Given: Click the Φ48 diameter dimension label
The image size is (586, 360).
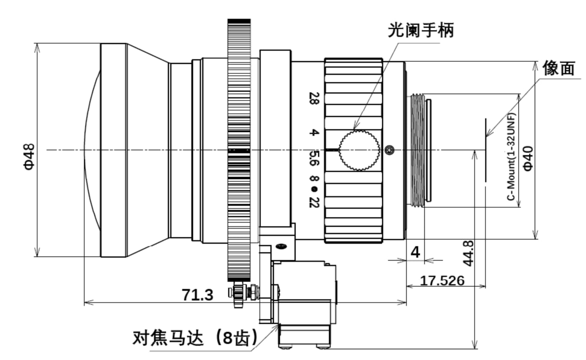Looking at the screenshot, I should [28, 156].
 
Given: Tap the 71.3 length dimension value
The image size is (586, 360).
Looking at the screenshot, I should [198, 295].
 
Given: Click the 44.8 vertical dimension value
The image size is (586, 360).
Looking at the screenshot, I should [468, 252].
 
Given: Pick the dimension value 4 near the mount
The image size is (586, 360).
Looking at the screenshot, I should [415, 252].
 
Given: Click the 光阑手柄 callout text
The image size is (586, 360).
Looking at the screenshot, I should [421, 31].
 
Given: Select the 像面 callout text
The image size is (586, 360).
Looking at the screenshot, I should [559, 68].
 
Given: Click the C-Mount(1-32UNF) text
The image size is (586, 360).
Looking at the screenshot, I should [511, 156].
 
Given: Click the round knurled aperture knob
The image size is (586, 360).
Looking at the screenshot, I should [359, 150].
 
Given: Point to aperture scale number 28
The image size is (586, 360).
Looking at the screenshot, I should [314, 98].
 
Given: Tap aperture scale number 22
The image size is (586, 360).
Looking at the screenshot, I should [314, 202].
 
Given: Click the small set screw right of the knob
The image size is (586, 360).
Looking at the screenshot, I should [389, 150].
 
